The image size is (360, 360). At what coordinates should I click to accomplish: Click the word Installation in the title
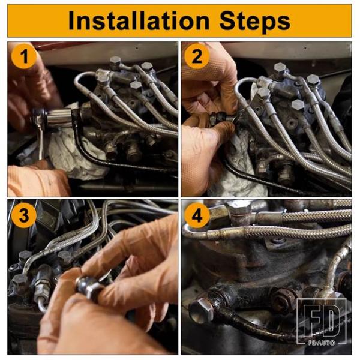tap(139, 21)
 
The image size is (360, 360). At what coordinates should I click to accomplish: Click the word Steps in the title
tap(255, 22)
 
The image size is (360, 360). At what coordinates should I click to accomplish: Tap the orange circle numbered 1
tap(24, 56)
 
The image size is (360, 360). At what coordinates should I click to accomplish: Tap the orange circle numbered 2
tap(197, 56)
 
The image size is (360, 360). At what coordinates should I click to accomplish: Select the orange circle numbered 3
tap(24, 215)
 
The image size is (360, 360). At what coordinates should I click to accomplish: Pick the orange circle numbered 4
tap(197, 215)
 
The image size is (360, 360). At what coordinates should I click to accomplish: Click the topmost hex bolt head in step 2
tap(280, 68)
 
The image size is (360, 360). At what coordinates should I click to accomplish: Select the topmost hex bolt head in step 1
tap(115, 61)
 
